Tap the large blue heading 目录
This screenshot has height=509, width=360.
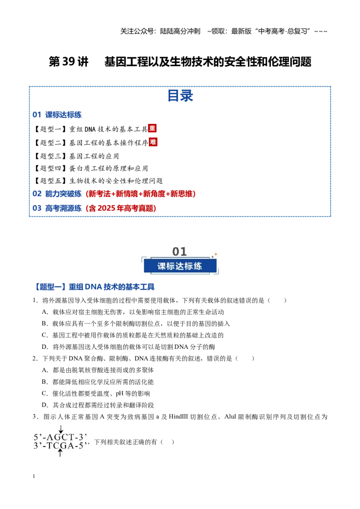coord(180,96)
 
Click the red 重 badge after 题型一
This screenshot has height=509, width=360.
coord(152,128)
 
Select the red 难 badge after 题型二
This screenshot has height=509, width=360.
coord(153,142)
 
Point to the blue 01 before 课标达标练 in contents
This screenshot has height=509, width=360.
coord(37,115)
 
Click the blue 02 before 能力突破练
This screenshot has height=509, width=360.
coord(37,194)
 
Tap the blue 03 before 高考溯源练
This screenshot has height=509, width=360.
coord(37,208)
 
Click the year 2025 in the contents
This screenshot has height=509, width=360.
coord(106,208)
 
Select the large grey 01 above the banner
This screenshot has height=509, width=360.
coord(180,251)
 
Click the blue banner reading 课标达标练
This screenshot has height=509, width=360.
coord(180,266)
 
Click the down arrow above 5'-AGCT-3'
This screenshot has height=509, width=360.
coord(61,429)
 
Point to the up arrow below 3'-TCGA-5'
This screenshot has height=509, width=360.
coord(60,452)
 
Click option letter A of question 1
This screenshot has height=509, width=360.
coord(45,312)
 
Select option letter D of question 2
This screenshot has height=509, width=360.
coord(45,405)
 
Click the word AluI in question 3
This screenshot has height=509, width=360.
coord(230,416)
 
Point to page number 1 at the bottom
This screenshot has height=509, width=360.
coord(34,476)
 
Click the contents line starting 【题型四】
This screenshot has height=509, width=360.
coord(90,168)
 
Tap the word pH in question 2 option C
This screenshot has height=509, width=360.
coord(120,394)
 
